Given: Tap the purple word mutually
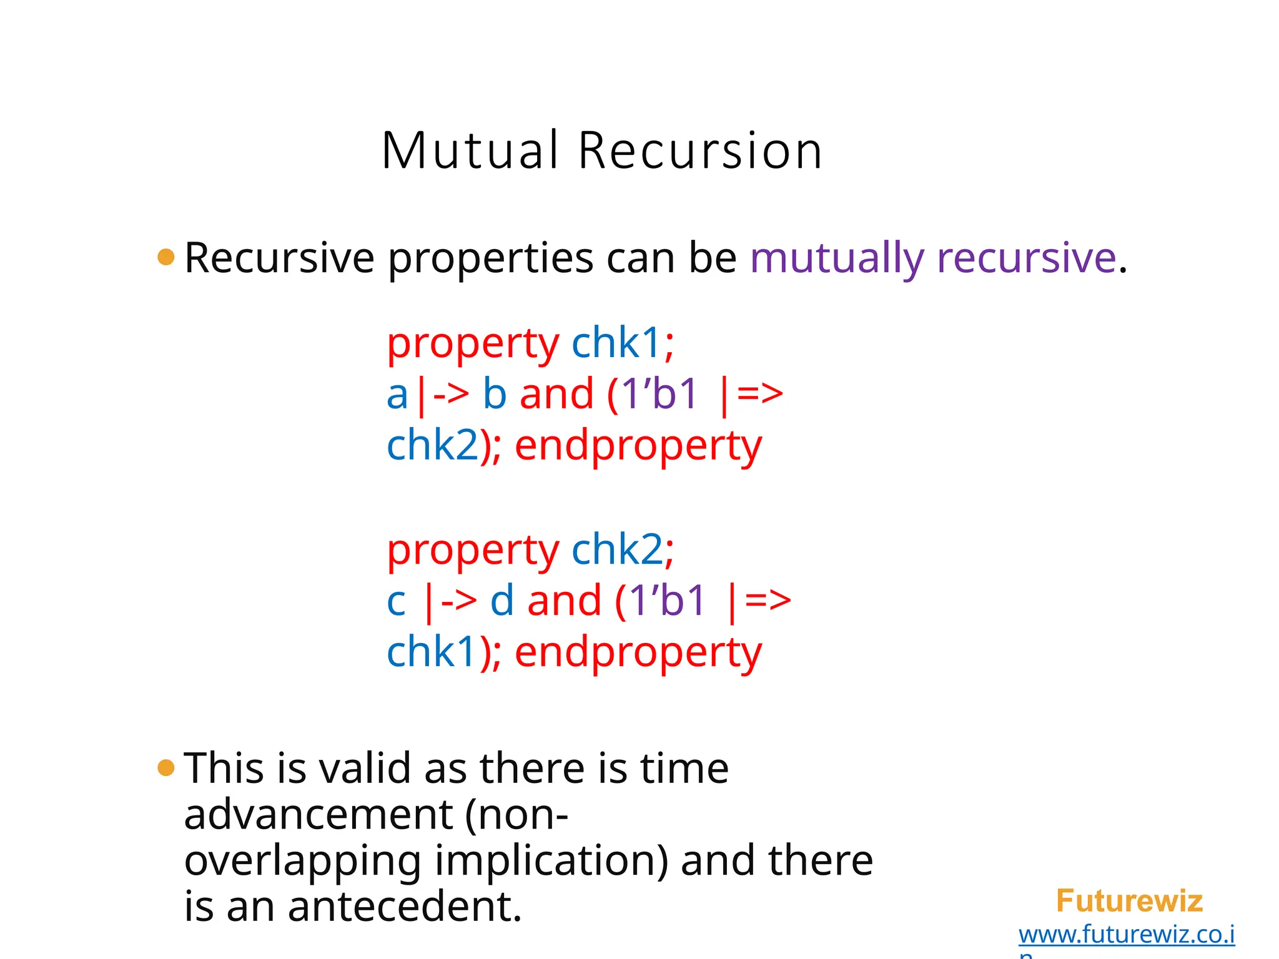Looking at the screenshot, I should (x=836, y=257).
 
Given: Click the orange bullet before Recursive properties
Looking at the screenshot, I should (x=166, y=257).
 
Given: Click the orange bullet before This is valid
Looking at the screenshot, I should (x=166, y=767).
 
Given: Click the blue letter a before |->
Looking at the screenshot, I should (x=397, y=395).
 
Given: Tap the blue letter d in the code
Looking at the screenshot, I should (x=501, y=601).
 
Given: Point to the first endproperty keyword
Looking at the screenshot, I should (x=638, y=446).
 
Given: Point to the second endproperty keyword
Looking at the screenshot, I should (x=638, y=652).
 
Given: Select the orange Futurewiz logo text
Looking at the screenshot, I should (x=1129, y=901).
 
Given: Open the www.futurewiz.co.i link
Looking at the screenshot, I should (x=1126, y=935).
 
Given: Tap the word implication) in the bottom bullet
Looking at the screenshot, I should (x=551, y=860).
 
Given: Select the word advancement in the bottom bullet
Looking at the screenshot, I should (x=319, y=815).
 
